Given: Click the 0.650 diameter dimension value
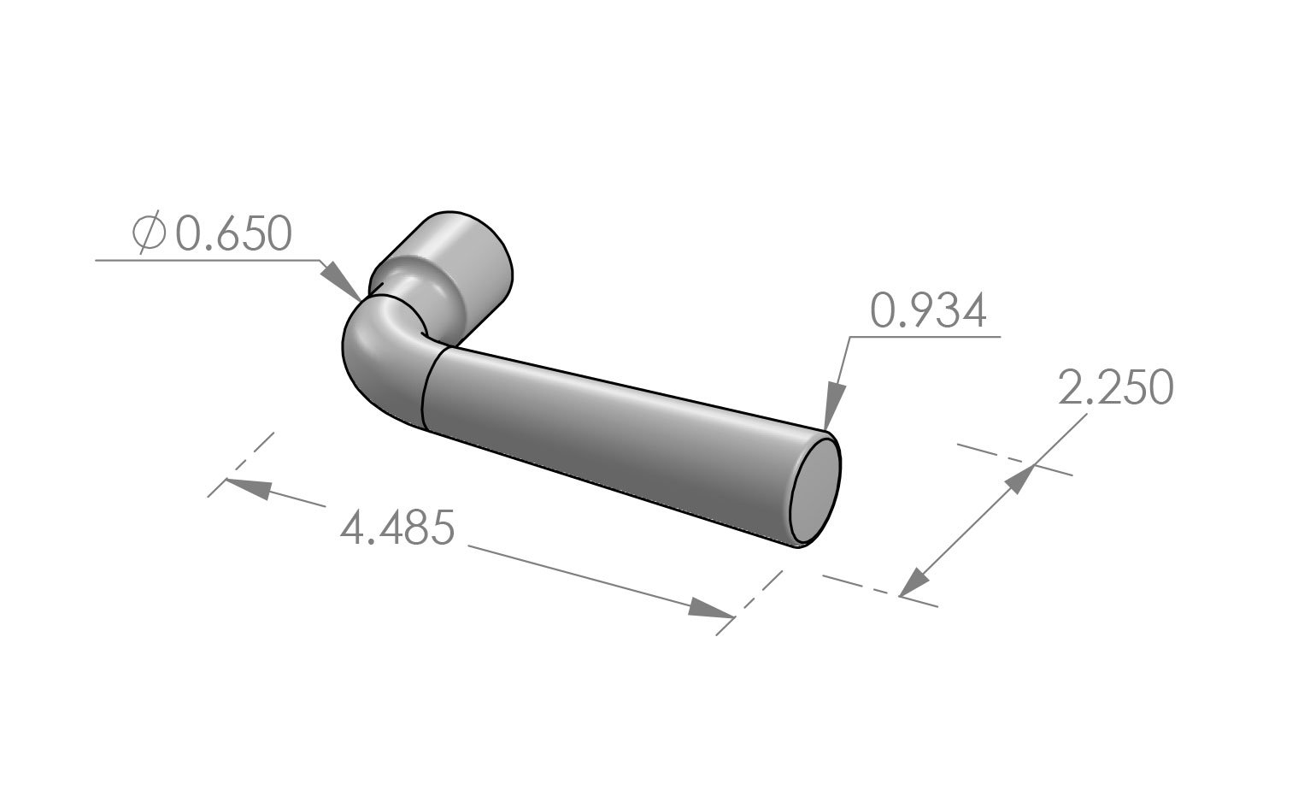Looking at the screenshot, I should (x=233, y=234).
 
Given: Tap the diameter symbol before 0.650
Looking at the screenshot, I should (x=149, y=234).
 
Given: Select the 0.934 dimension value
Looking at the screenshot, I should (x=928, y=311).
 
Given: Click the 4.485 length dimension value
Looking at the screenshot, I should (x=397, y=528).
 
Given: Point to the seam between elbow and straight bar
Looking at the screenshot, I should (x=425, y=389).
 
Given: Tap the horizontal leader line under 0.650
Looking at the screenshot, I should (x=205, y=259).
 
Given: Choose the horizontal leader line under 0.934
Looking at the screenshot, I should (x=923, y=337).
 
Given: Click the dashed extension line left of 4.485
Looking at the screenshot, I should (x=242, y=464).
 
